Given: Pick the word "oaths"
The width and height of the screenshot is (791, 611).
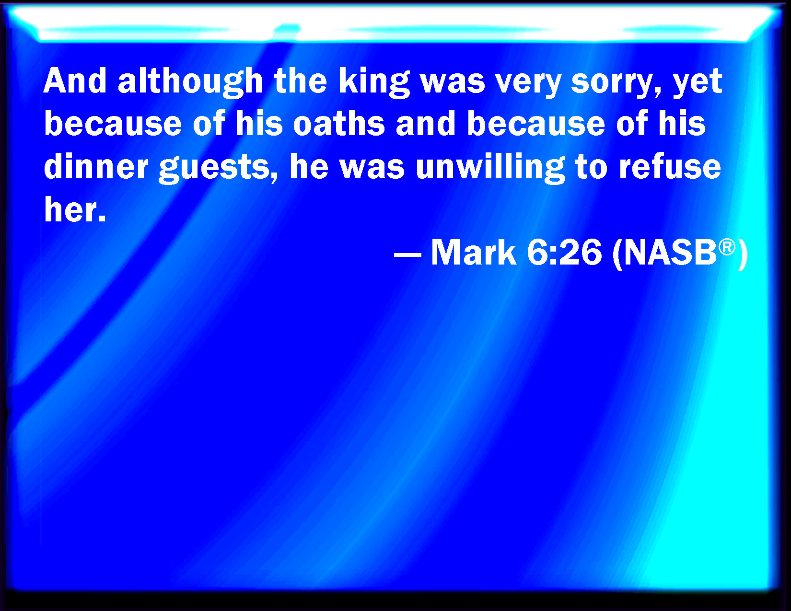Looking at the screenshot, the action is pyautogui.click(x=339, y=123).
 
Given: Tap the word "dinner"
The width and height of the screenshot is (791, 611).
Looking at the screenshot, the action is pyautogui.click(x=96, y=166).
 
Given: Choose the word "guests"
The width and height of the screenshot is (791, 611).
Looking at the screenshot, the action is pyautogui.click(x=219, y=169).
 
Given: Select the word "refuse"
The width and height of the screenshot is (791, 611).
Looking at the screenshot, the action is pyautogui.click(x=670, y=166).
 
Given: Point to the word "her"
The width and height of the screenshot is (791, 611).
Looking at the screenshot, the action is pyautogui.click(x=75, y=209).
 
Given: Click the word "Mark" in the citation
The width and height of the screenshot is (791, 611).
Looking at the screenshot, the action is pyautogui.click(x=473, y=252).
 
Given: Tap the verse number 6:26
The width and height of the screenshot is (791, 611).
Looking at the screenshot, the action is pyautogui.click(x=564, y=252).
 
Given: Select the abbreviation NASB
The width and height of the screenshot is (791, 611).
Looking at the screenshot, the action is pyautogui.click(x=670, y=252).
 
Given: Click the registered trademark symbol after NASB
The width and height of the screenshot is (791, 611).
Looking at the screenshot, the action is pyautogui.click(x=727, y=247).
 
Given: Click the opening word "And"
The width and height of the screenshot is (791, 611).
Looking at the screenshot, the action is pyautogui.click(x=75, y=81).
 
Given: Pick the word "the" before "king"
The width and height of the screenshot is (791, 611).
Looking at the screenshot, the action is pyautogui.click(x=301, y=81).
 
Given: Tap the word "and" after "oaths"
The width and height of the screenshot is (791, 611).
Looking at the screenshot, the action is pyautogui.click(x=425, y=123).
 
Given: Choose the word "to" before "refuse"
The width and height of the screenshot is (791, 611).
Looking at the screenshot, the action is pyautogui.click(x=592, y=167).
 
